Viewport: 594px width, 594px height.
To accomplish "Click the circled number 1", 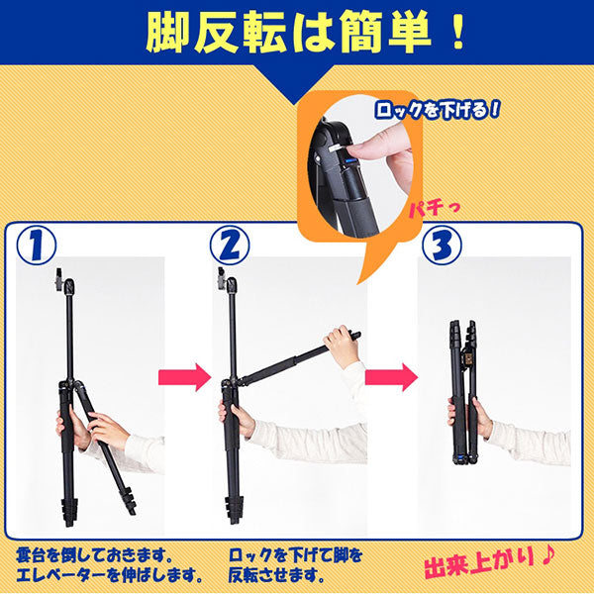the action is click(x=37, y=246).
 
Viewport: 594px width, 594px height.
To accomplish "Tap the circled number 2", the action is click(x=230, y=246).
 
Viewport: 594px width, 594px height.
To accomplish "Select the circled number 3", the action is click(x=442, y=246).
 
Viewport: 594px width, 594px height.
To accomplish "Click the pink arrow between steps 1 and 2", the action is click(x=184, y=376).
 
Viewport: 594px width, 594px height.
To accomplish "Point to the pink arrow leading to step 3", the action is click(x=391, y=376).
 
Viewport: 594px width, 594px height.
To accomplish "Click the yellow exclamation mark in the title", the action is click(x=458, y=33).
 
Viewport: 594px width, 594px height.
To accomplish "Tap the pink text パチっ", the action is click(x=434, y=209).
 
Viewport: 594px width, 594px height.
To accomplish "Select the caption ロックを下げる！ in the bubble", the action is click(x=438, y=110).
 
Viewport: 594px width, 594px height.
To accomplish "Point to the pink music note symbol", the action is click(x=546, y=556).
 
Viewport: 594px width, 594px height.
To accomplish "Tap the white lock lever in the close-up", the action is click(x=336, y=148).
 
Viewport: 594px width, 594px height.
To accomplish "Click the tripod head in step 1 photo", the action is click(x=65, y=283).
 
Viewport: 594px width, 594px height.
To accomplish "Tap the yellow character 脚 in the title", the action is click(x=168, y=33).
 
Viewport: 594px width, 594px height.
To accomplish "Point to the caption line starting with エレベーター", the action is click(x=110, y=575).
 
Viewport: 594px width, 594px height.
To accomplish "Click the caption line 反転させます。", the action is click(x=277, y=575).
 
